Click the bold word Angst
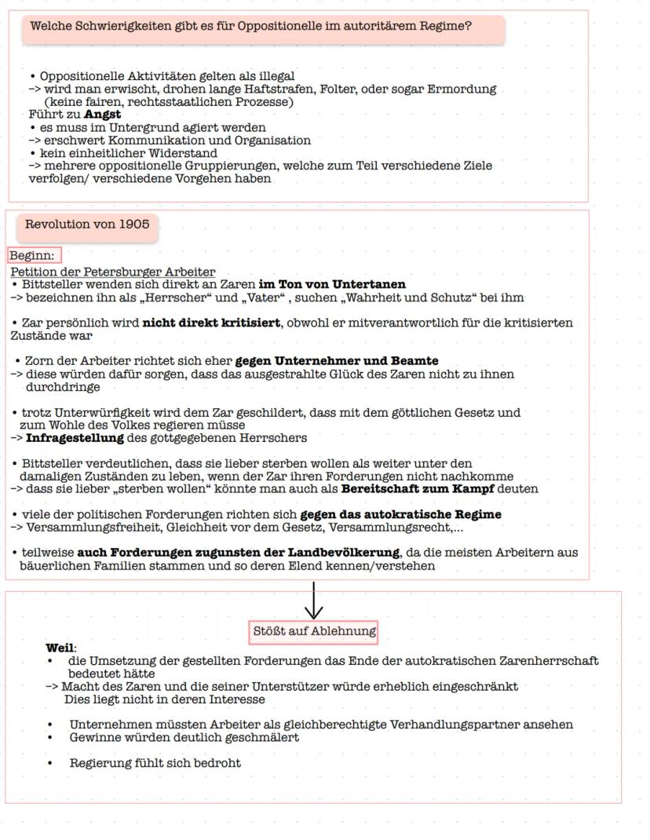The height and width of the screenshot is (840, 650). [102, 115]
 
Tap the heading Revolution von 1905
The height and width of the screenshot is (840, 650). [87, 225]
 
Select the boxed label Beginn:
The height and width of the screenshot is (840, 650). [33, 256]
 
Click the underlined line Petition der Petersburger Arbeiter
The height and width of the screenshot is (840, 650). [113, 272]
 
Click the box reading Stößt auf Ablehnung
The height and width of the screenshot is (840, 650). [314, 631]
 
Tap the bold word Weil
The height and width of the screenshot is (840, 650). [59, 648]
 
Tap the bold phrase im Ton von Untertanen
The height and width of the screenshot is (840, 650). [331, 284]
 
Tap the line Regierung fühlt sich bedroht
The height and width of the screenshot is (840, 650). [155, 763]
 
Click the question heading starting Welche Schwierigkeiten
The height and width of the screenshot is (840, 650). [251, 26]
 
